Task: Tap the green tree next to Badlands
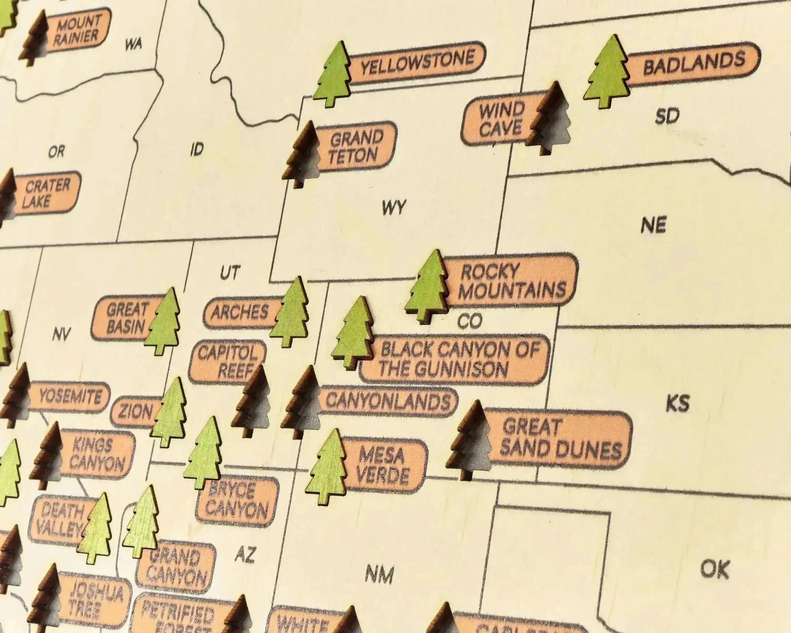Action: point(607,73)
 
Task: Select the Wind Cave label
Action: point(501,119)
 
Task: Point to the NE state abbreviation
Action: point(653,224)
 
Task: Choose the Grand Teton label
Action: point(355,147)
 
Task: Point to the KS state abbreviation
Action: point(678,403)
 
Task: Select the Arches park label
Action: point(240,312)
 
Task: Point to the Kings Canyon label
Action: point(97,455)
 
